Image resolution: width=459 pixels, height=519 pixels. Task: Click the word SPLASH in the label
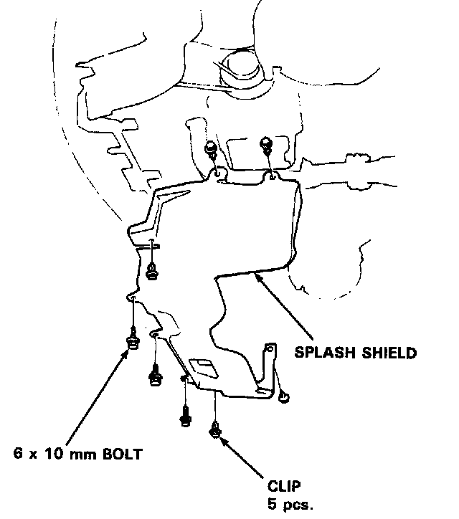pyautogui.click(x=318, y=353)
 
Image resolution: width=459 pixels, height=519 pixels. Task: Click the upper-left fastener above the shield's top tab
pyautogui.click(x=211, y=148)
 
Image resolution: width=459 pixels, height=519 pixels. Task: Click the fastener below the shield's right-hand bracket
pyautogui.click(x=284, y=395)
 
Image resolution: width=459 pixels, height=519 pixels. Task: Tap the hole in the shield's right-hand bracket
pyautogui.click(x=270, y=349)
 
